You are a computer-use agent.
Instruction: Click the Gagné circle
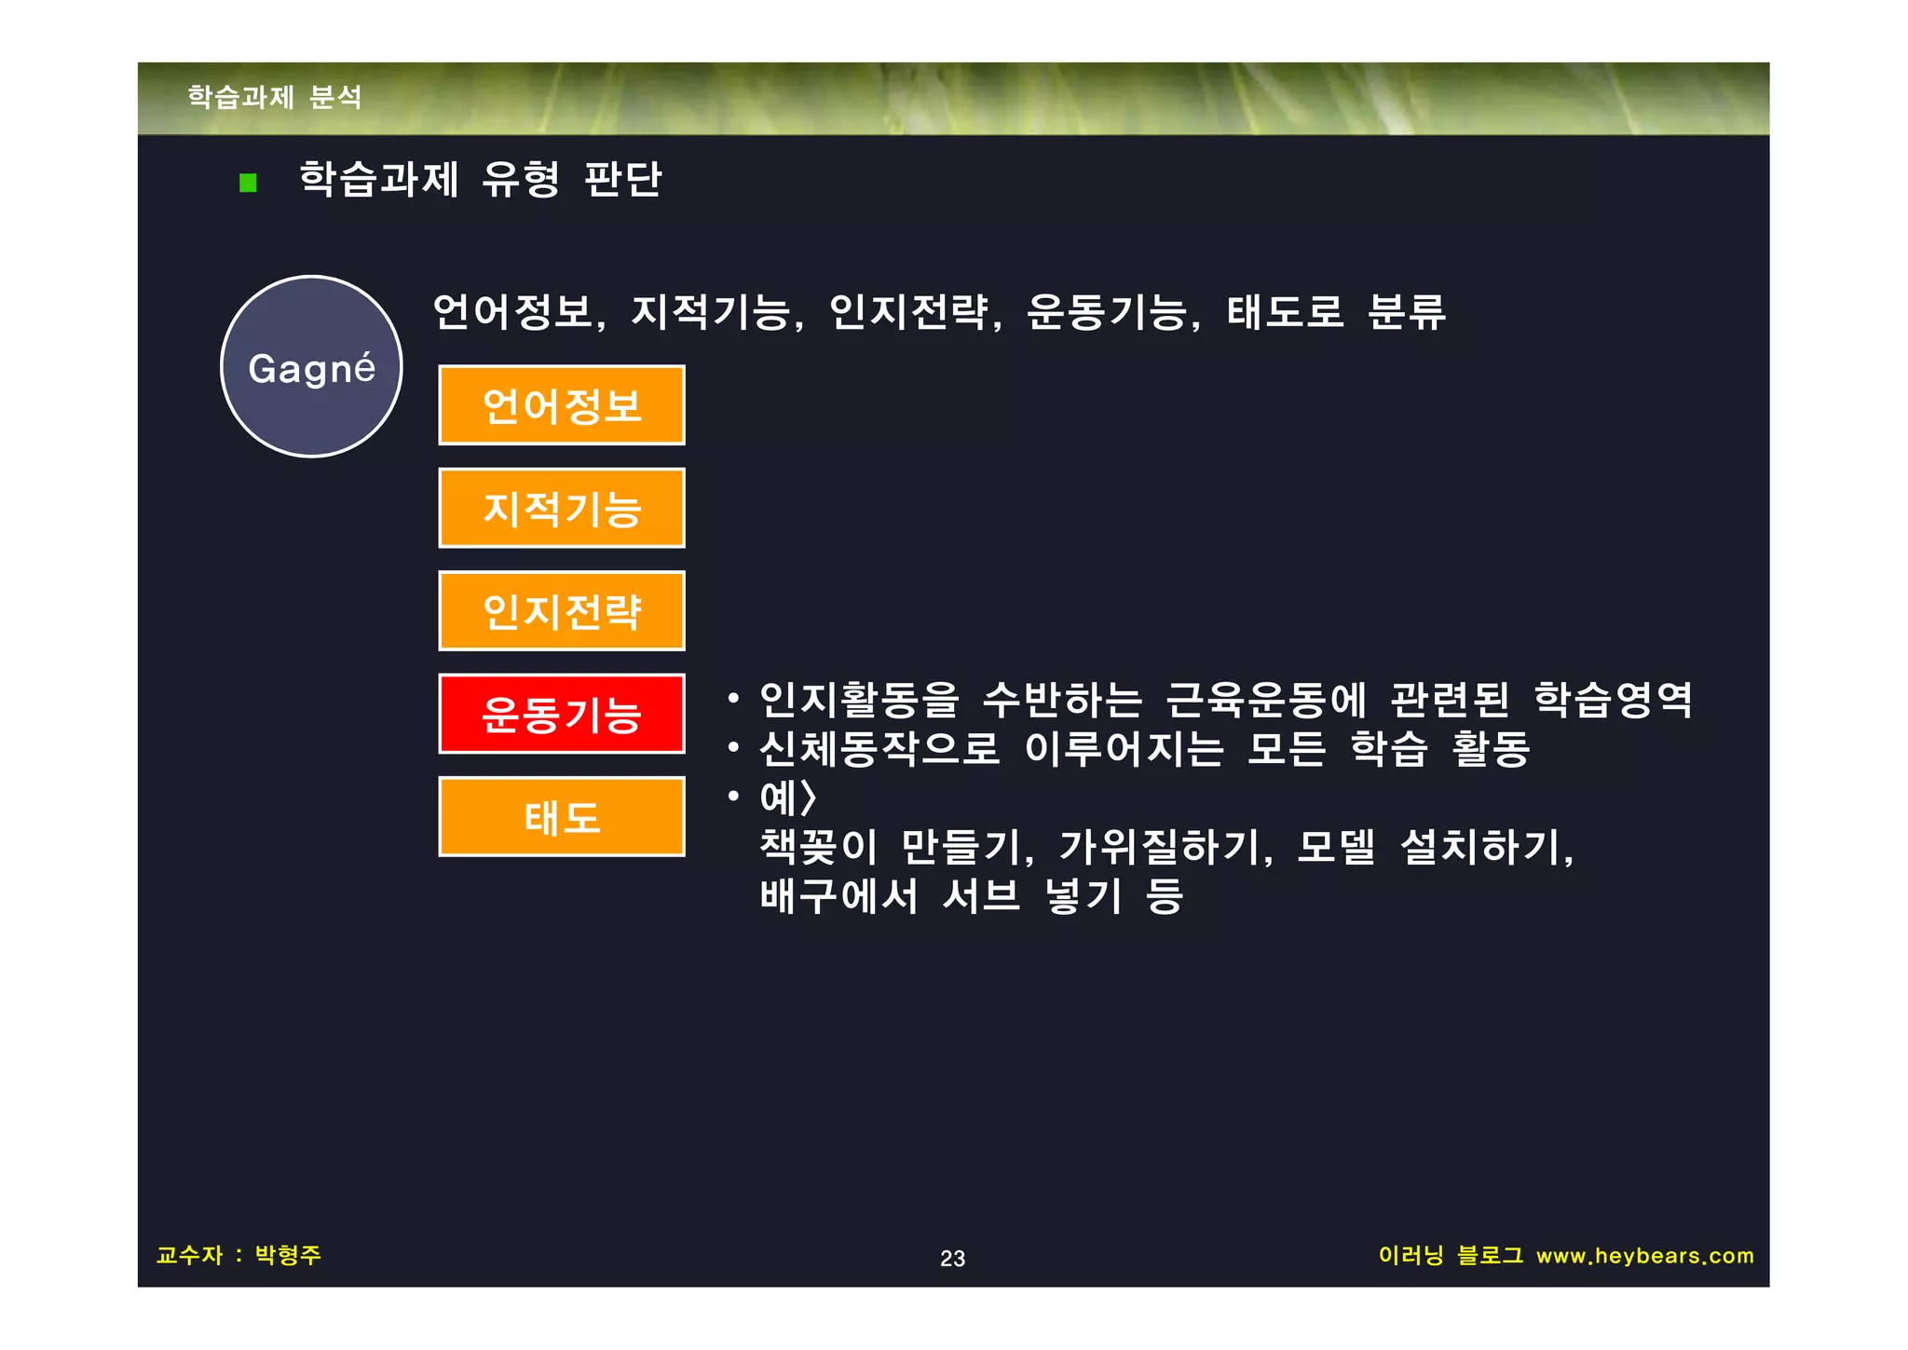[x=311, y=367]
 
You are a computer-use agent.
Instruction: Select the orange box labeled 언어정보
[x=561, y=405]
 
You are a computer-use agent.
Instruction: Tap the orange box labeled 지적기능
[x=561, y=509]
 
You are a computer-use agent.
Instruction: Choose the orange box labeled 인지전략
[x=561, y=611]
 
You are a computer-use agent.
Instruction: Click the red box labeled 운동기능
[x=561, y=714]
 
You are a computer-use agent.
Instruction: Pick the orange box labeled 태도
[x=561, y=817]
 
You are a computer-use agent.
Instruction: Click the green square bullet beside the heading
[x=248, y=183]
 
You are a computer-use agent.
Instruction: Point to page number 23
[x=952, y=1259]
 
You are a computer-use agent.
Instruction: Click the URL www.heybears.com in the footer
[x=1644, y=1256]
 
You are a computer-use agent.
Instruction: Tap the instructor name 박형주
[x=288, y=1255]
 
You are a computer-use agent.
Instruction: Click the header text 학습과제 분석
[x=275, y=97]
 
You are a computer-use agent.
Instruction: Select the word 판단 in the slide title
[x=622, y=179]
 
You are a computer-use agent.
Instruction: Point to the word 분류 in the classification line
[x=1406, y=312]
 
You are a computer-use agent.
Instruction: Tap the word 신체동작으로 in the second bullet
[x=879, y=748]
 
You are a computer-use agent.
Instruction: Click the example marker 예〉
[x=787, y=798]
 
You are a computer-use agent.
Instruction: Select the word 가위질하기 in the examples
[x=1164, y=847]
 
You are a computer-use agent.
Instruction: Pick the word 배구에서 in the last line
[x=838, y=896]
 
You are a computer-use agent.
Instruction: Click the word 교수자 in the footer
[x=190, y=1255]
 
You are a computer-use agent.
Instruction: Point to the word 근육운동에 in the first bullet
[x=1266, y=700]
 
